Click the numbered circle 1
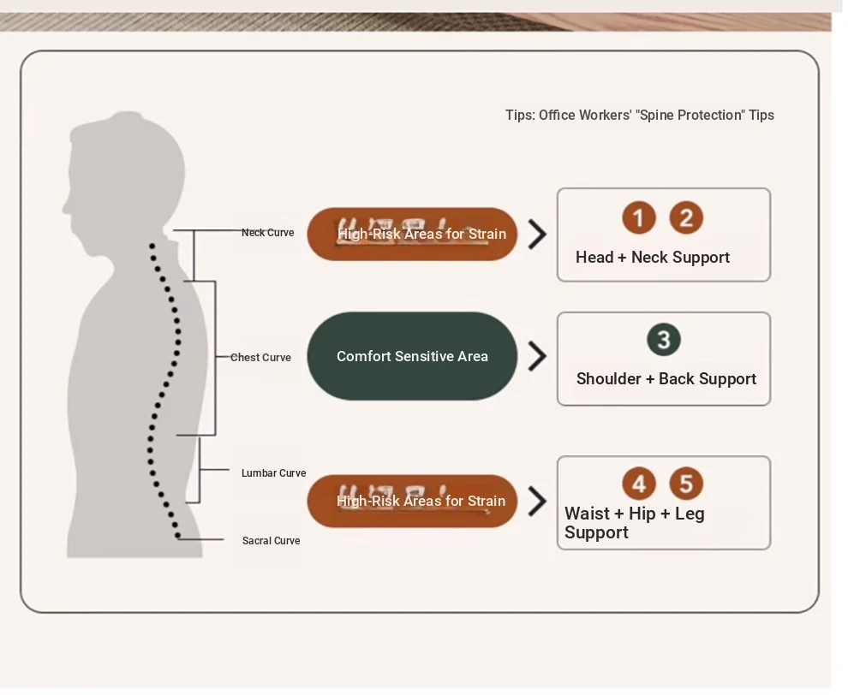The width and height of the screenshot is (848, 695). [x=638, y=218]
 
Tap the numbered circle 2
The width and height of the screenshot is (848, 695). [x=686, y=218]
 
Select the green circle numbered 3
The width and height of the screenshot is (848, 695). [x=664, y=340]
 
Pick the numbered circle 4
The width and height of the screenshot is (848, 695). [x=638, y=484]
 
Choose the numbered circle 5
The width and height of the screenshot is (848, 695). [x=686, y=484]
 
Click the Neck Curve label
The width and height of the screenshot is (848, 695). [x=267, y=233]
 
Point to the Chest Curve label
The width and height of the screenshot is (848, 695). [x=260, y=358]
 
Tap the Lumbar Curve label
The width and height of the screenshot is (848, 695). [x=273, y=473]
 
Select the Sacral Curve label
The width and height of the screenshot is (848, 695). [x=271, y=541]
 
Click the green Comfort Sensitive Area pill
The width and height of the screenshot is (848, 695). [x=412, y=356]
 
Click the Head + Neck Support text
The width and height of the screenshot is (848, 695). [x=653, y=258]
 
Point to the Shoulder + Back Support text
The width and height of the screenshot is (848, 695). [x=666, y=379]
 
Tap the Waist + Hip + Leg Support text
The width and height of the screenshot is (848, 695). [x=634, y=523]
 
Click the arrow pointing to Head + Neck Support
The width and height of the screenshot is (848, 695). [x=537, y=234]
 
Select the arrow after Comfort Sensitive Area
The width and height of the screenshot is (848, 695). [x=537, y=356]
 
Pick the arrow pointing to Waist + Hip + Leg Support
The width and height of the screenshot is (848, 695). [x=537, y=502]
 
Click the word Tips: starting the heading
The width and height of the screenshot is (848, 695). [x=520, y=116]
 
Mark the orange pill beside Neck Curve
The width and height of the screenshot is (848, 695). [x=412, y=234]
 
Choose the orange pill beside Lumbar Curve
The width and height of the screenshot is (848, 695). [x=412, y=502]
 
